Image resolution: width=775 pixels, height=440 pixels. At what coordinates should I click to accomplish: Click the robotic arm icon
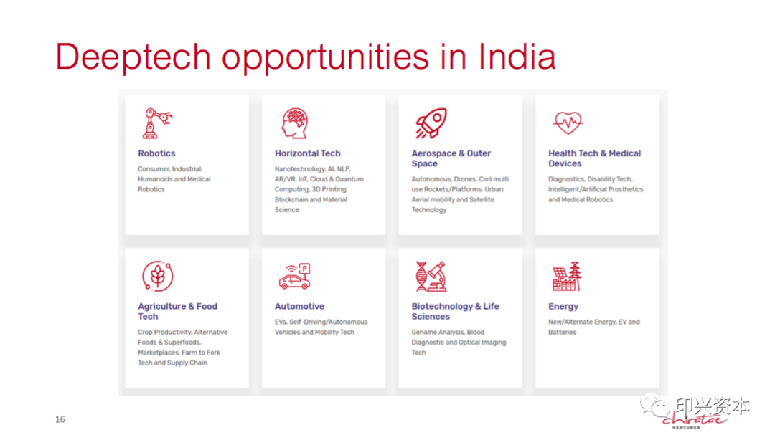tap(157, 123)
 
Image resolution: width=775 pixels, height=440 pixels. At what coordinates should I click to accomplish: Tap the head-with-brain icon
tap(295, 123)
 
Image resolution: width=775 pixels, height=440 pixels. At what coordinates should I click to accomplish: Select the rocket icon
tap(431, 123)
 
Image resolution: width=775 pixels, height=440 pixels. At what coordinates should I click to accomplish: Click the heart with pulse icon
tap(568, 123)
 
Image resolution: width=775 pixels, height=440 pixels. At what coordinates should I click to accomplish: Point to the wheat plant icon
tap(158, 276)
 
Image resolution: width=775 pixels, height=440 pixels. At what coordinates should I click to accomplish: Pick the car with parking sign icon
tap(295, 276)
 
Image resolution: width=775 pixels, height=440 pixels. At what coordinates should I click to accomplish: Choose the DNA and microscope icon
tap(431, 277)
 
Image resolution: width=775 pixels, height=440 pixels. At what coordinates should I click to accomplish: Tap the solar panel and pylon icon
tap(567, 277)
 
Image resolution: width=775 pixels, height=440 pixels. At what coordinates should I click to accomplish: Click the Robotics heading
tap(156, 153)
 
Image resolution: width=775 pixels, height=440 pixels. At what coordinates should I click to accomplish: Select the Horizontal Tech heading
tap(307, 153)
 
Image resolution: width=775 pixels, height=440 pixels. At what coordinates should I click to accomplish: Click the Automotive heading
tap(299, 307)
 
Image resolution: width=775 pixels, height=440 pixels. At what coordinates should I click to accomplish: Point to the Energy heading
tap(563, 307)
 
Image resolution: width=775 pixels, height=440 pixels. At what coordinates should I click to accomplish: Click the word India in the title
tap(517, 57)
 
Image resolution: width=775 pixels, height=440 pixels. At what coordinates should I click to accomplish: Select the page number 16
tap(60, 419)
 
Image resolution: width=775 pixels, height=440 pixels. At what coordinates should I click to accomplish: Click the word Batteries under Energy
tap(562, 333)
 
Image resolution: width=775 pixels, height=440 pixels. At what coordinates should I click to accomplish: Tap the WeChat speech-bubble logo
tap(655, 405)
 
